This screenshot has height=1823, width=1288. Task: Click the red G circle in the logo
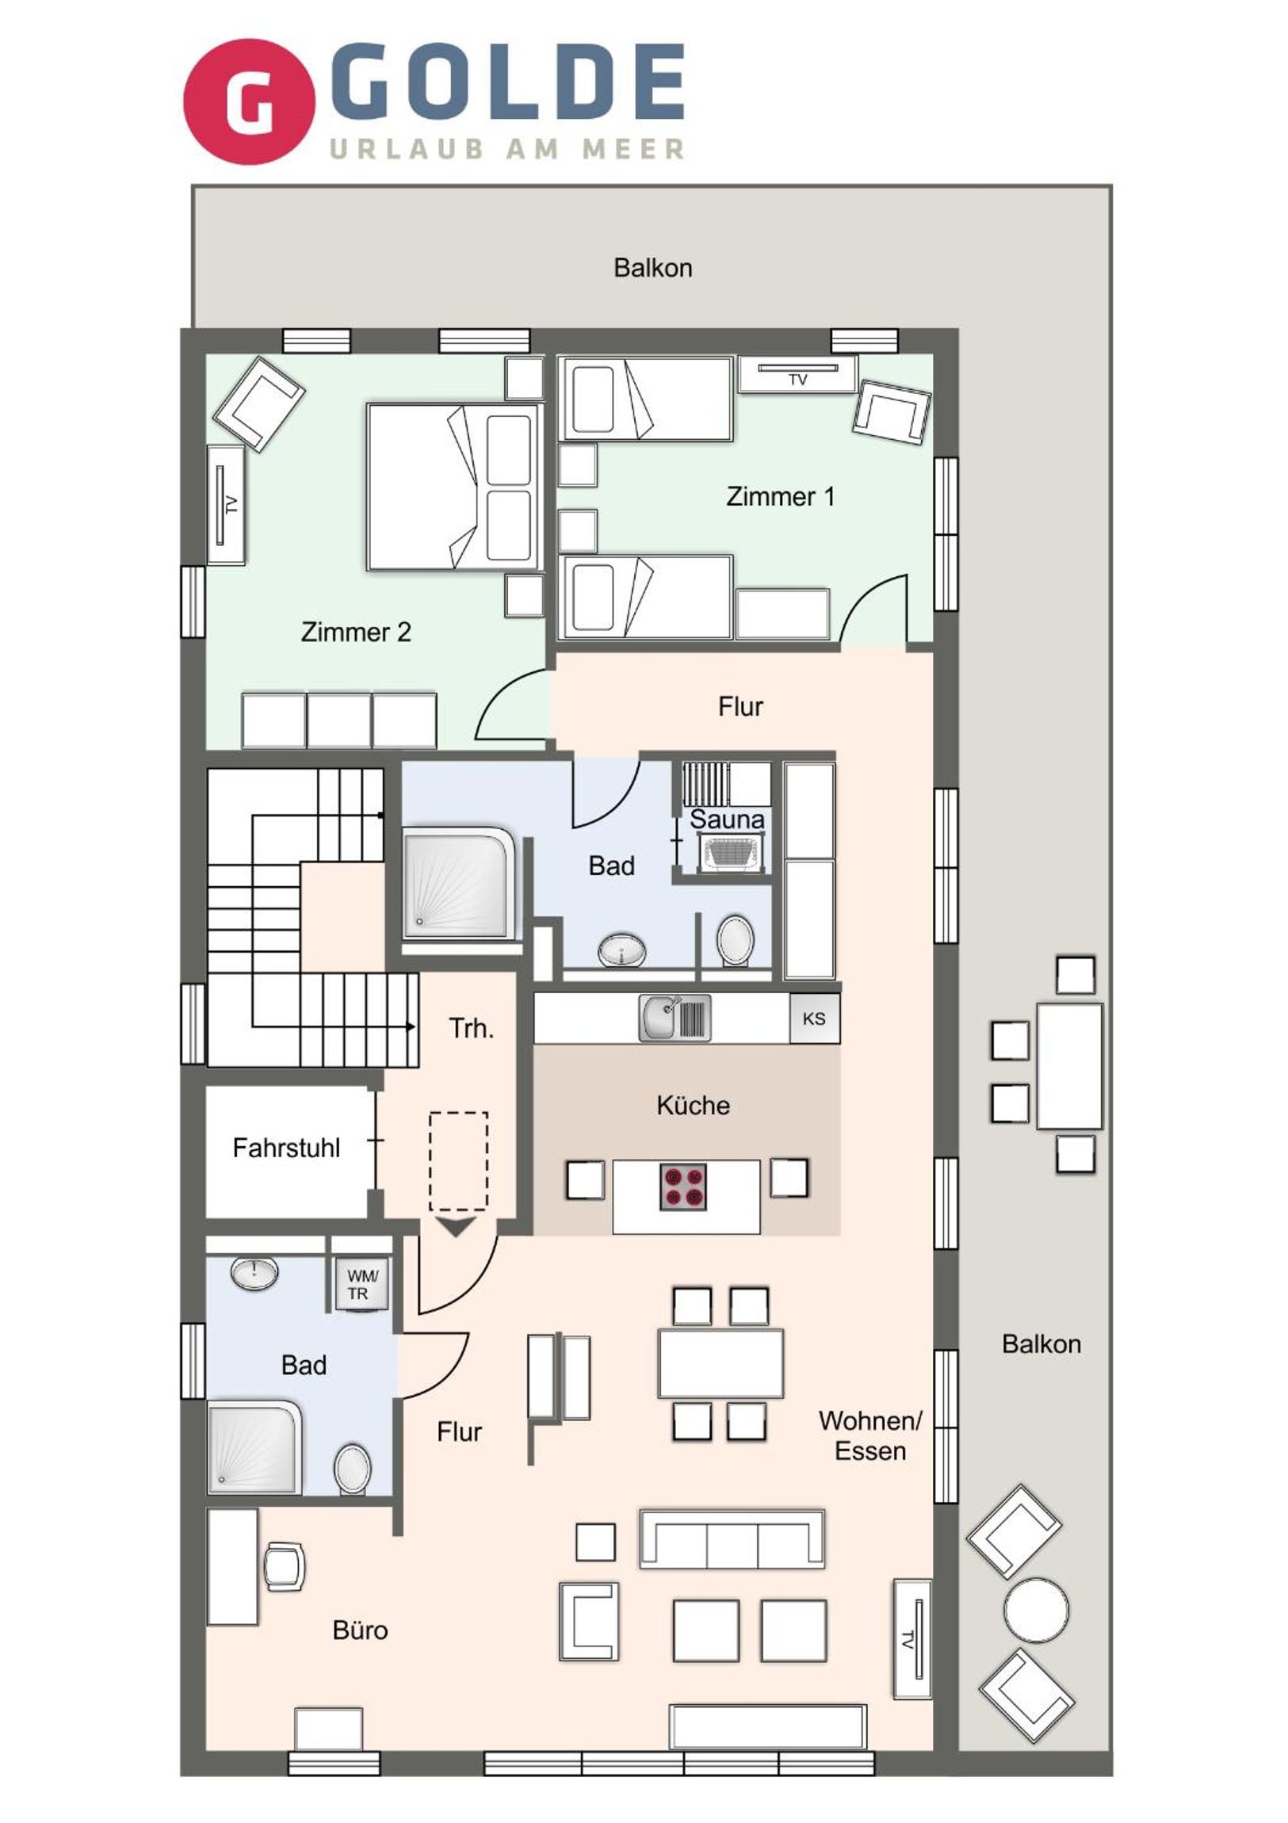(249, 101)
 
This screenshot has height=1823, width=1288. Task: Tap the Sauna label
(727, 820)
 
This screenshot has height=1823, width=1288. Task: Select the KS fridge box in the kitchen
(814, 1019)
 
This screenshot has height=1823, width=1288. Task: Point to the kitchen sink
(675, 1017)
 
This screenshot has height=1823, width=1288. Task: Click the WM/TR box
(362, 1285)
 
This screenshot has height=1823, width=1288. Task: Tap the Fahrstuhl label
(286, 1148)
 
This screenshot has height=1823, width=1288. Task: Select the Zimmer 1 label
(781, 497)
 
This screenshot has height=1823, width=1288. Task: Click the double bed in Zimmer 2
(455, 487)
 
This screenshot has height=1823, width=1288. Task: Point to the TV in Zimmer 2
(227, 505)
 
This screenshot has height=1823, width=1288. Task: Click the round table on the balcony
(1036, 1611)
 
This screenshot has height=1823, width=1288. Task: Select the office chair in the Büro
(284, 1566)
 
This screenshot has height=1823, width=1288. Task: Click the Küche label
(694, 1105)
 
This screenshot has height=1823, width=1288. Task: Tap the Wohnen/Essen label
(870, 1435)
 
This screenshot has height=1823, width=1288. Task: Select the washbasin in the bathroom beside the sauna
(621, 950)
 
